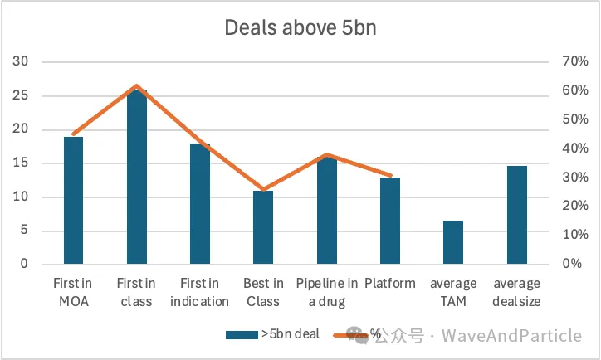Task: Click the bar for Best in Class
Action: coord(263,227)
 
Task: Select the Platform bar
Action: coord(389,221)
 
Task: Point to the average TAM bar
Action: coord(453,242)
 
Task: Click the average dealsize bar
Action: coord(516,215)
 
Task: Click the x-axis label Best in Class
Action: coord(263,293)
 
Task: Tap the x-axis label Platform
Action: coord(389,285)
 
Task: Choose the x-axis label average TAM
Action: coord(453,293)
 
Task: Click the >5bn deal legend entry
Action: coord(273,334)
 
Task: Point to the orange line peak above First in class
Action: coord(136,86)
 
